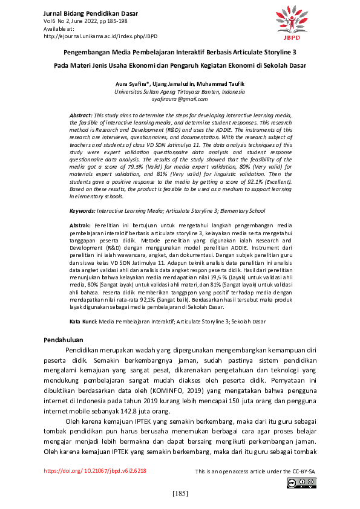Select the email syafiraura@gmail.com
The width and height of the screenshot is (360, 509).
179,99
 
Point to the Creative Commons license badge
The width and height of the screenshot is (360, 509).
301,482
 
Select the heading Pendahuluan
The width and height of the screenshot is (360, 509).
64,340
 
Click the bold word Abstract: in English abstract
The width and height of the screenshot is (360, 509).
81,114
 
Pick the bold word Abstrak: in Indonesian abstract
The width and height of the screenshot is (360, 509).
82,225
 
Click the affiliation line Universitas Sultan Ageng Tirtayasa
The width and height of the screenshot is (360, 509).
179,91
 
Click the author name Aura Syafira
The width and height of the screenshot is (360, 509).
132,83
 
